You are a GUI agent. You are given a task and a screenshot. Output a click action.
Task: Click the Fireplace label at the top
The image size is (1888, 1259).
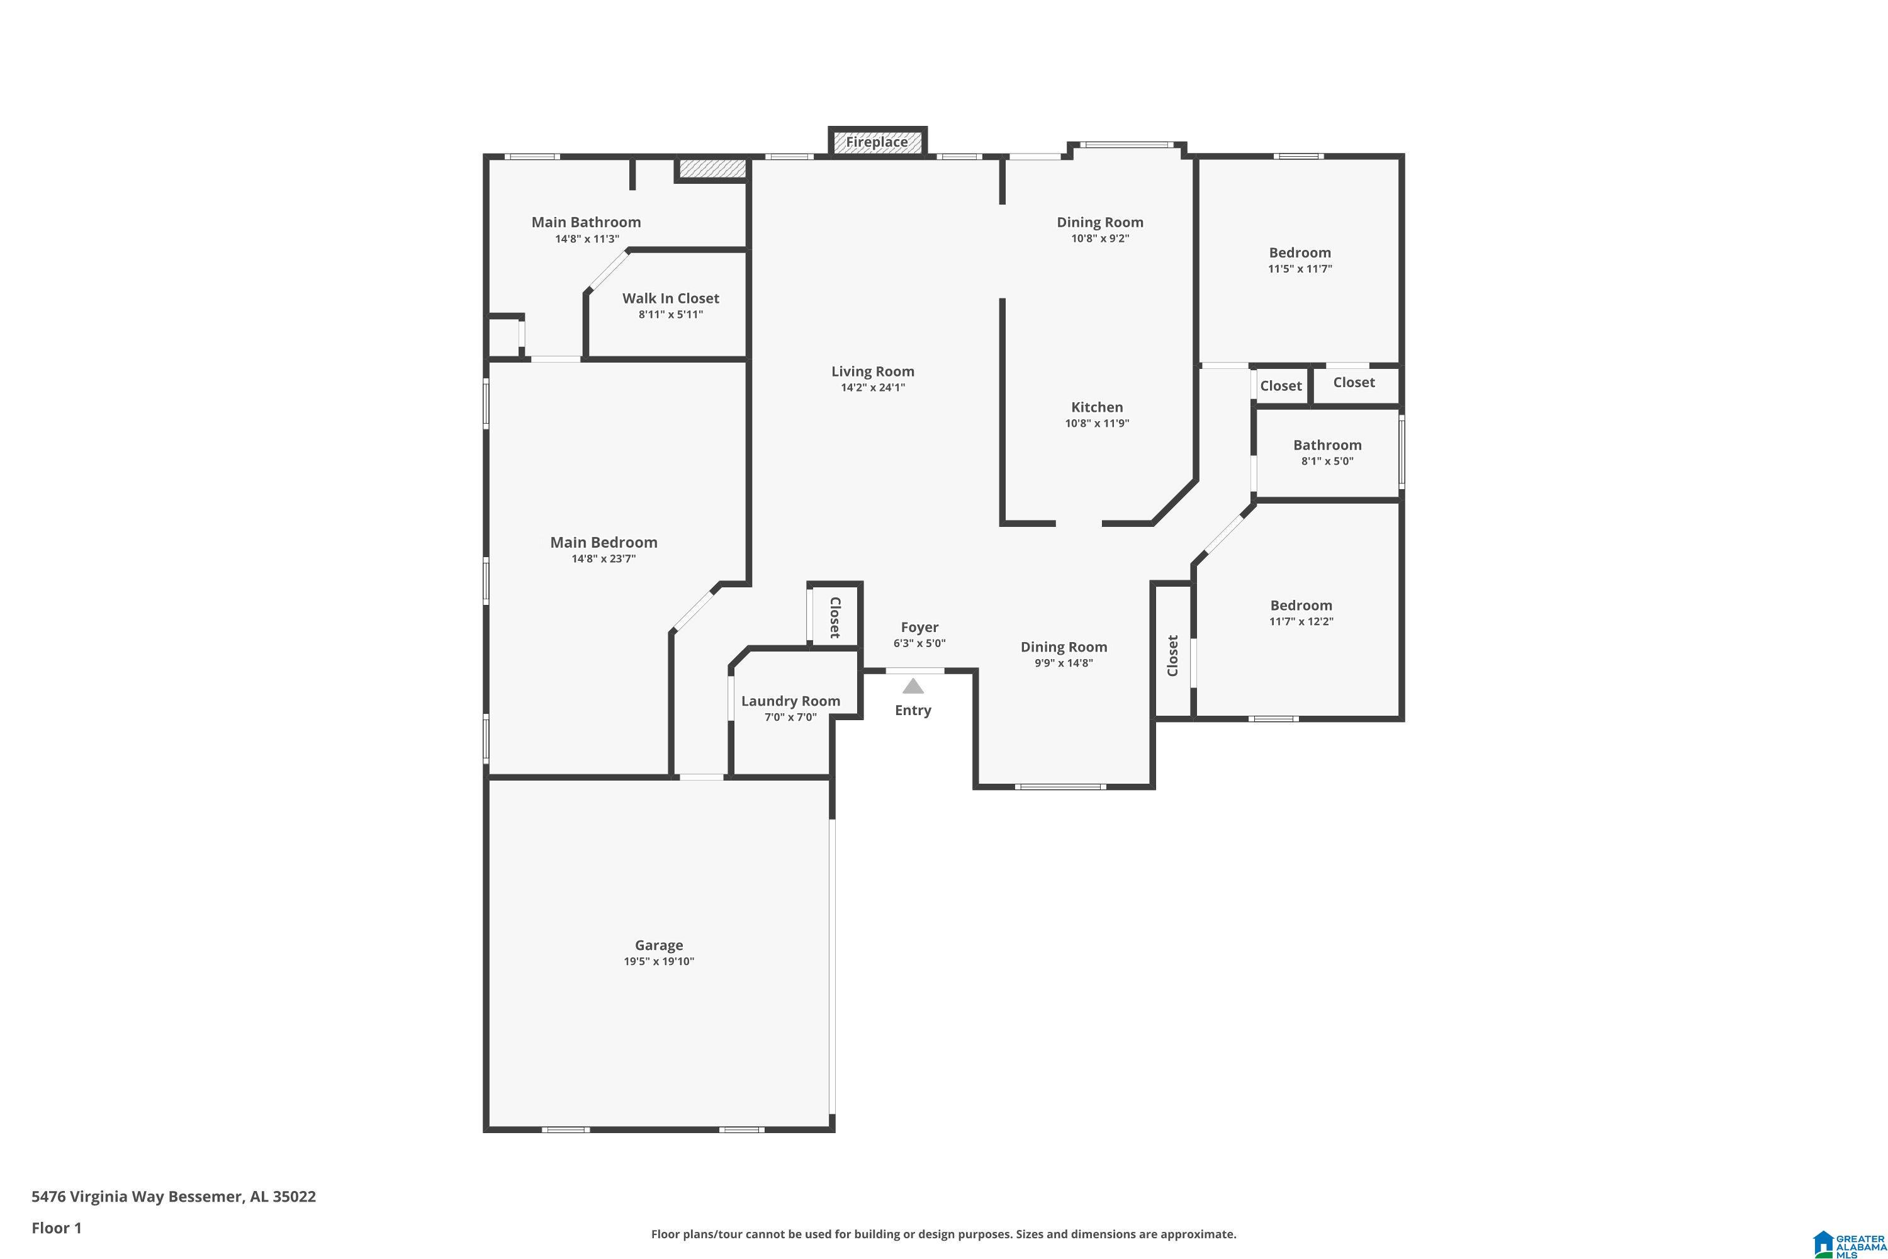(x=877, y=142)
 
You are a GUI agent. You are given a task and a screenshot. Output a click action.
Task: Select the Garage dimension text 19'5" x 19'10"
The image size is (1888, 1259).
(x=659, y=961)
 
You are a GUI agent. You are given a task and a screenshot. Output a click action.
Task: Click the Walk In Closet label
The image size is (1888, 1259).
(x=670, y=298)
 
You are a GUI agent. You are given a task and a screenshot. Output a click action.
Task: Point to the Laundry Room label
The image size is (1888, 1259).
(x=790, y=701)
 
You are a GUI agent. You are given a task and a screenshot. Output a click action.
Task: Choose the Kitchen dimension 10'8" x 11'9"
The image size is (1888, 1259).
(x=1098, y=423)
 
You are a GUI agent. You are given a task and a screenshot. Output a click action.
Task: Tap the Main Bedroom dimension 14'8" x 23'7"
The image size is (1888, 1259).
(x=604, y=559)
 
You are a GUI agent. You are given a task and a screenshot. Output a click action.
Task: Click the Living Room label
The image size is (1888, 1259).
(x=872, y=371)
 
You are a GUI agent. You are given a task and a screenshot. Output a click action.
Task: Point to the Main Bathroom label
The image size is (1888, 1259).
(x=586, y=222)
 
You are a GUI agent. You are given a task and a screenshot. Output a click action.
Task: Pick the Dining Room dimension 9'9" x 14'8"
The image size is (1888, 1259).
(x=1064, y=663)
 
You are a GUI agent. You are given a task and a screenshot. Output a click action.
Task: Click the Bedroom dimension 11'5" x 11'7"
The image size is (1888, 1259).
(x=1300, y=269)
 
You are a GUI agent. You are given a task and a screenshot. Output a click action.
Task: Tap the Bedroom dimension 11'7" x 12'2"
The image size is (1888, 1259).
(x=1301, y=621)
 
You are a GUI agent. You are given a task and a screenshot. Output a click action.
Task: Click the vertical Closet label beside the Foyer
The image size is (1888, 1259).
(x=835, y=618)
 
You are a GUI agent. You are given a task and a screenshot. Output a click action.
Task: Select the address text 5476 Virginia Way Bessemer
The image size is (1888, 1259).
(x=137, y=1197)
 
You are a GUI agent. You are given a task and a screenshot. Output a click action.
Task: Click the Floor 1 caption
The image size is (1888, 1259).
(x=56, y=1228)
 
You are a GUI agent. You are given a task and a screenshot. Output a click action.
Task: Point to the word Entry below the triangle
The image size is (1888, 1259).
(x=913, y=711)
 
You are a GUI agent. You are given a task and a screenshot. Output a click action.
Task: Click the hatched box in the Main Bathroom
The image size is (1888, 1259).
(x=712, y=169)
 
